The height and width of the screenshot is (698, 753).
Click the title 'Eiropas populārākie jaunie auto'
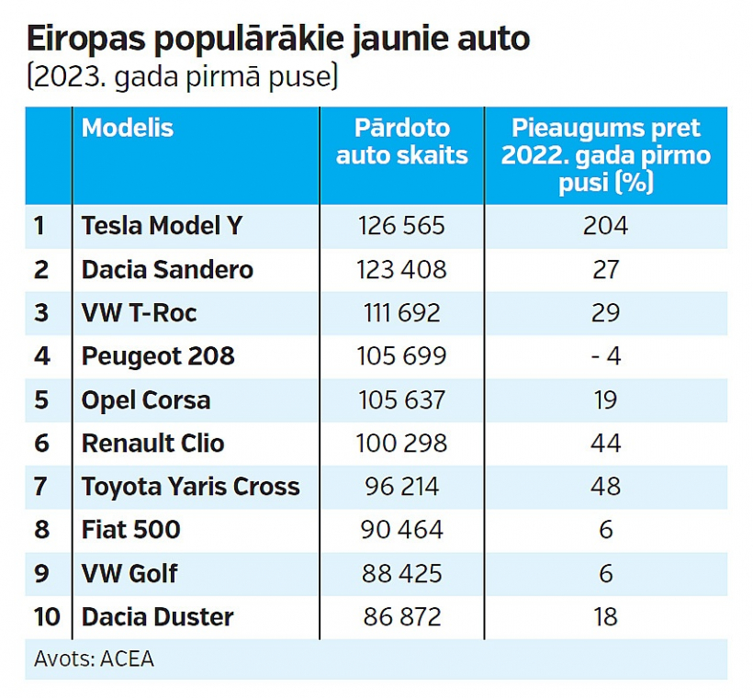pyautogui.click(x=278, y=39)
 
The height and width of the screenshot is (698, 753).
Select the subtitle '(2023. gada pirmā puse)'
pyautogui.click(x=183, y=76)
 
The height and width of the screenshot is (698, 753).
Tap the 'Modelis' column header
pyautogui.click(x=128, y=129)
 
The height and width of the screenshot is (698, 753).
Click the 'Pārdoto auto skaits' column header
pyautogui.click(x=401, y=142)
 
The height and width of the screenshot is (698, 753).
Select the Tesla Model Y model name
pyautogui.click(x=162, y=226)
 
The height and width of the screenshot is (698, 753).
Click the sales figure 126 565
pyautogui.click(x=401, y=226)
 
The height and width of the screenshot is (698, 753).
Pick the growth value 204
pyautogui.click(x=605, y=226)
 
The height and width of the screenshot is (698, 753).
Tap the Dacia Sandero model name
pyautogui.click(x=167, y=270)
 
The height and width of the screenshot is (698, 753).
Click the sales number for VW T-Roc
pyautogui.click(x=401, y=313)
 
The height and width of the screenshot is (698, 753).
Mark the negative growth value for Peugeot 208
pyautogui.click(x=605, y=356)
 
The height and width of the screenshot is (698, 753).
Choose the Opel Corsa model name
pyautogui.click(x=146, y=400)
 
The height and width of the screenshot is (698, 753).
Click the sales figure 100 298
pyautogui.click(x=401, y=444)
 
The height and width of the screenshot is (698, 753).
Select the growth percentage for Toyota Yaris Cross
pyautogui.click(x=605, y=487)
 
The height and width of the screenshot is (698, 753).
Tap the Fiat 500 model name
pyautogui.click(x=131, y=530)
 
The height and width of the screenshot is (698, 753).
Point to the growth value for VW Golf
pyautogui.click(x=605, y=574)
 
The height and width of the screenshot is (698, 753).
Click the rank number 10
pyautogui.click(x=47, y=617)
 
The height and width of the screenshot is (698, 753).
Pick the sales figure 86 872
pyautogui.click(x=401, y=617)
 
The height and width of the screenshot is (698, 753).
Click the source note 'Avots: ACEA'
pyautogui.click(x=94, y=659)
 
